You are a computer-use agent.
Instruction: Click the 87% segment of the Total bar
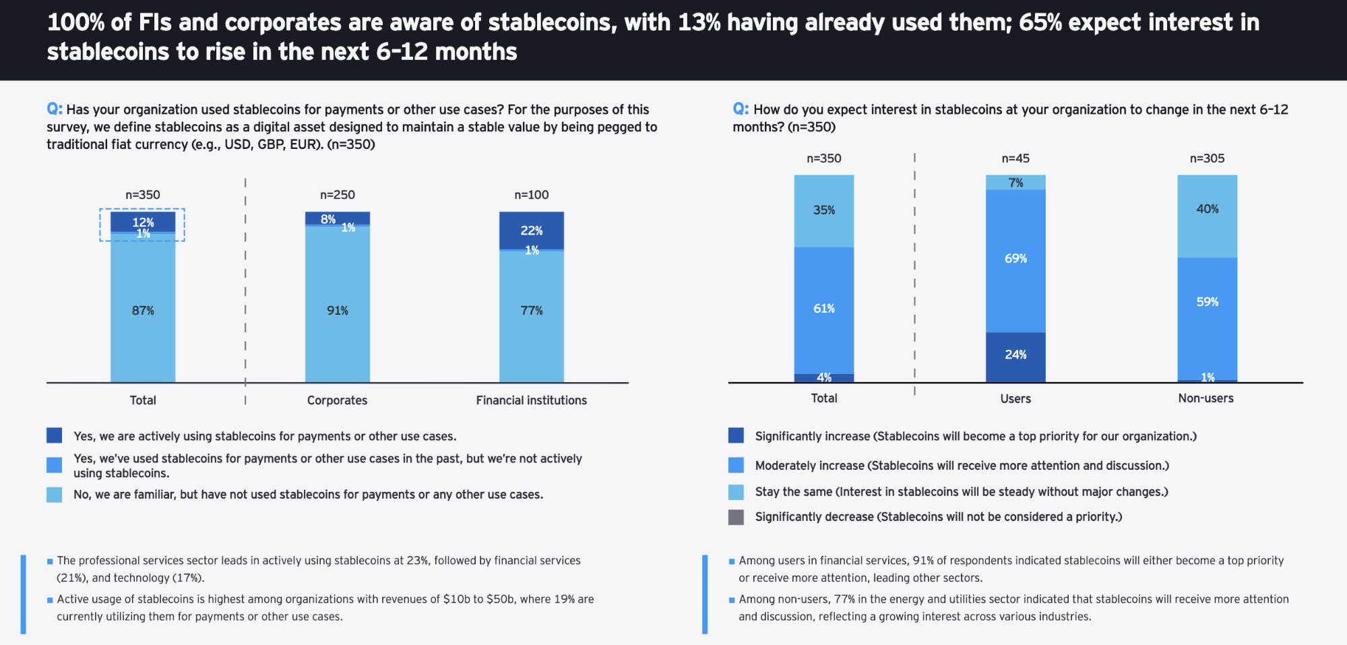point(143,310)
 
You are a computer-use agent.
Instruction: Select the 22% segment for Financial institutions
point(531,231)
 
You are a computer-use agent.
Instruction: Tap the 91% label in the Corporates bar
point(338,311)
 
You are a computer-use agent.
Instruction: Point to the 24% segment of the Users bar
point(1015,355)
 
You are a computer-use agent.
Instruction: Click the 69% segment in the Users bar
point(1015,259)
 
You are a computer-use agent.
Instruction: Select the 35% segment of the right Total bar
point(823,210)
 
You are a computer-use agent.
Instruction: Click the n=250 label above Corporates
point(337,195)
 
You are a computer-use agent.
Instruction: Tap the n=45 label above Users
point(1015,158)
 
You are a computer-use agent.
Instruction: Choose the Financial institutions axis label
point(531,400)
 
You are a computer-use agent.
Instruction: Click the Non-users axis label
point(1205,398)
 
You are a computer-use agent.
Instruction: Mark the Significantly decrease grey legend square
point(736,517)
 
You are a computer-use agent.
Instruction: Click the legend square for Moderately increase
point(736,465)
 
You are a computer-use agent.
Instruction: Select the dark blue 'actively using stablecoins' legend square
point(54,435)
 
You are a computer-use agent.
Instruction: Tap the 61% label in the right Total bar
point(823,309)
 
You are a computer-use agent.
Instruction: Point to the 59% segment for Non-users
point(1207,302)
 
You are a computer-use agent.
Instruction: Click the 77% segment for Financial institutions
point(531,311)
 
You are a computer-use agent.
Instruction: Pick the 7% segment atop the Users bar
point(1015,183)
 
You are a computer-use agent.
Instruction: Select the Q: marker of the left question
point(54,109)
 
